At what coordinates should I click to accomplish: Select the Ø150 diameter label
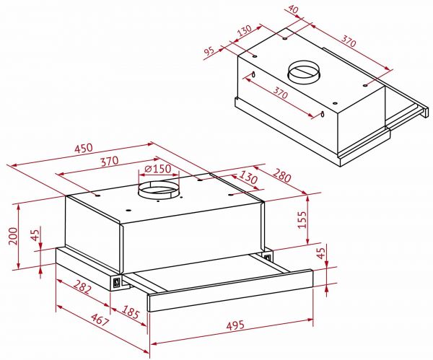(157, 169)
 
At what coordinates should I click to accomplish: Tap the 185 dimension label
(131, 313)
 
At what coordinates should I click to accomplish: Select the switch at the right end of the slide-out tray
(268, 255)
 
